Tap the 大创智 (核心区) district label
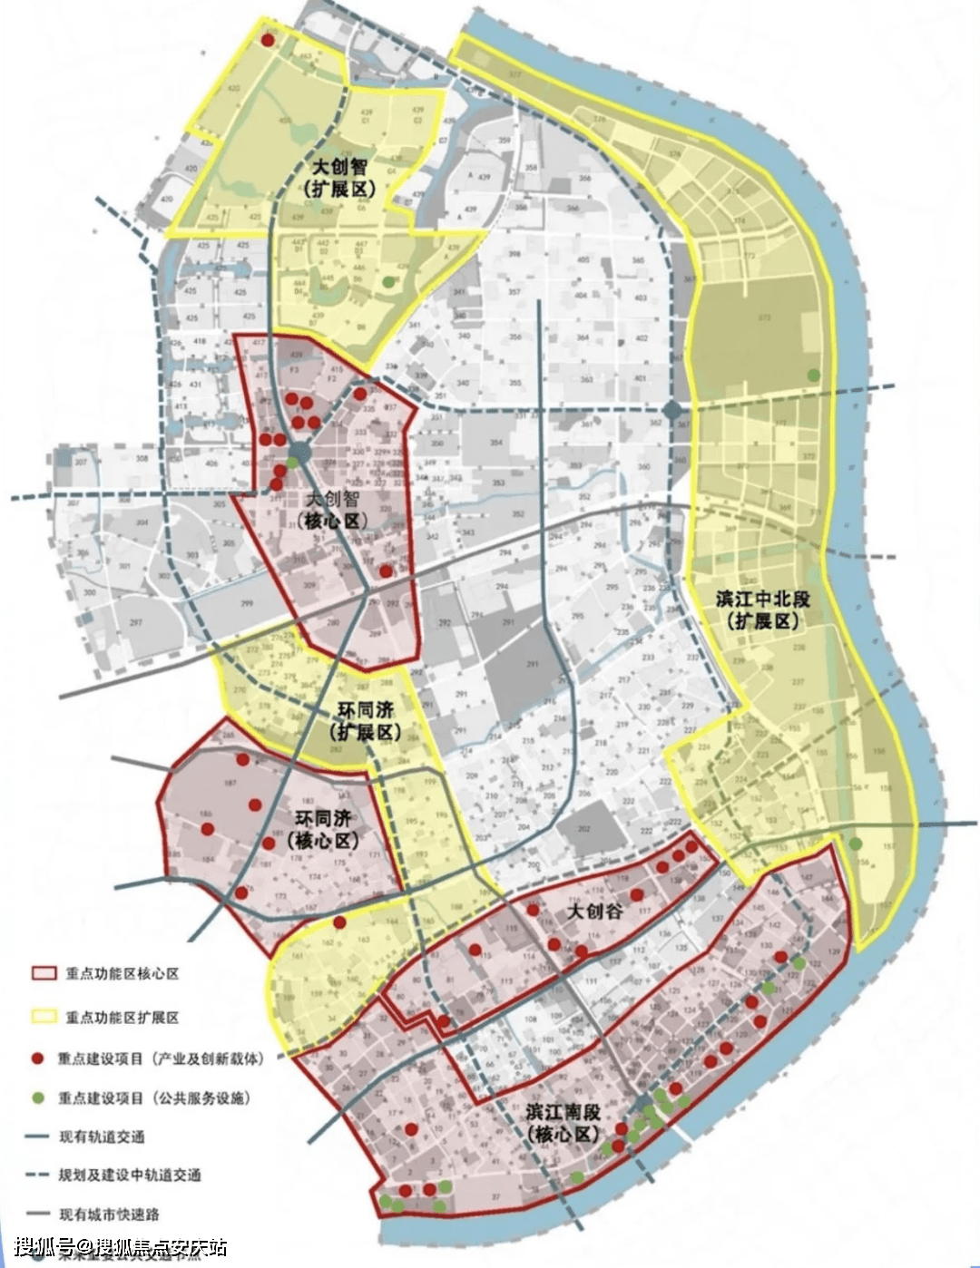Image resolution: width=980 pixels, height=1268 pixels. [332, 510]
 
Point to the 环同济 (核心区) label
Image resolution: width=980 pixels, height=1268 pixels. [324, 828]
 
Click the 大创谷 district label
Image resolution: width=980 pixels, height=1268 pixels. [594, 911]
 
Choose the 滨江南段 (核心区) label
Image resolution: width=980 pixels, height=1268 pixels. [563, 1123]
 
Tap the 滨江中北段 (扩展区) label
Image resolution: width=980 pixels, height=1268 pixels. [762, 610]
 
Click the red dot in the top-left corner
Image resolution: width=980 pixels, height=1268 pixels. [268, 40]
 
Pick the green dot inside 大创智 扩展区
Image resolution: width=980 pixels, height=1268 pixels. [389, 282]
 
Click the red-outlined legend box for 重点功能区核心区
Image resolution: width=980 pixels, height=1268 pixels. [44, 973]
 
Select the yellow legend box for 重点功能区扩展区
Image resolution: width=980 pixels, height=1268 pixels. [44, 1017]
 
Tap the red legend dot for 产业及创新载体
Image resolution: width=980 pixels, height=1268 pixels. [38, 1058]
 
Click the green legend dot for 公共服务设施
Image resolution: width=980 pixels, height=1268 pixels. [38, 1097]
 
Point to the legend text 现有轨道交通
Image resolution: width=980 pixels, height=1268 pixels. [102, 1136]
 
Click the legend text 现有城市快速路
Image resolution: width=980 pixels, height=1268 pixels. [108, 1214]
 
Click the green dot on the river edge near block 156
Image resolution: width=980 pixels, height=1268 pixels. [856, 844]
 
